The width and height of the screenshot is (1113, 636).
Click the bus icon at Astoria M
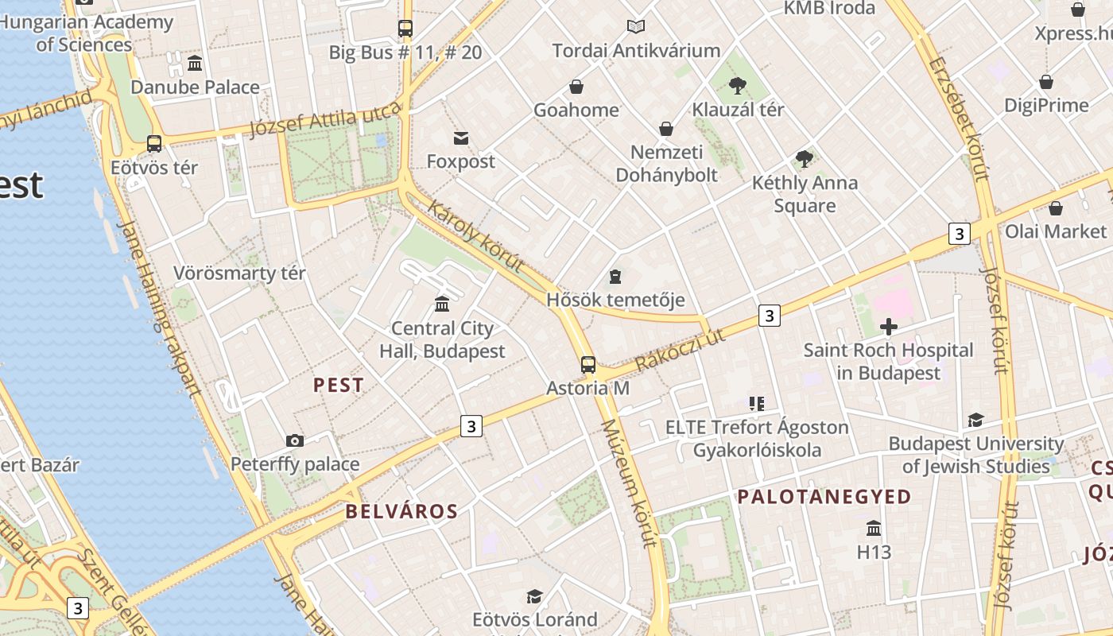(x=588, y=365)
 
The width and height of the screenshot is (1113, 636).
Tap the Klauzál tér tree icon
(x=738, y=84)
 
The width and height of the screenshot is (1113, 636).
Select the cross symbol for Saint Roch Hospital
(x=888, y=326)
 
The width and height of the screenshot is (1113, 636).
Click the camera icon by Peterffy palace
(x=294, y=440)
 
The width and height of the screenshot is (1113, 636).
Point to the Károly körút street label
(x=475, y=236)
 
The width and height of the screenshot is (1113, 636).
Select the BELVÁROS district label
(x=401, y=511)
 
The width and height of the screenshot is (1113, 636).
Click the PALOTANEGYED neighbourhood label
(x=824, y=497)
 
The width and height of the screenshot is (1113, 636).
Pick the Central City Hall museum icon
(x=442, y=304)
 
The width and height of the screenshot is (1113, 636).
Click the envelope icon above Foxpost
(x=460, y=138)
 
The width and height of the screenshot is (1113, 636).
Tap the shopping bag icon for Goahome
(x=576, y=86)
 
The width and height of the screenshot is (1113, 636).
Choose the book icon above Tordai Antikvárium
(x=635, y=27)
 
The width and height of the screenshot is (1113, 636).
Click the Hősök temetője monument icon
(x=615, y=277)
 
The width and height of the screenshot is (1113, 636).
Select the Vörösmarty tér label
(x=239, y=273)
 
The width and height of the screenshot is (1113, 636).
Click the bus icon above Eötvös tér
(x=154, y=144)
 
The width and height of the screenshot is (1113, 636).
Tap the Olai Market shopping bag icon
(x=1055, y=208)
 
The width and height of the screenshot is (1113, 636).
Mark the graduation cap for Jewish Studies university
(x=975, y=420)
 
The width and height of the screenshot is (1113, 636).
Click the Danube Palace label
(x=195, y=87)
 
